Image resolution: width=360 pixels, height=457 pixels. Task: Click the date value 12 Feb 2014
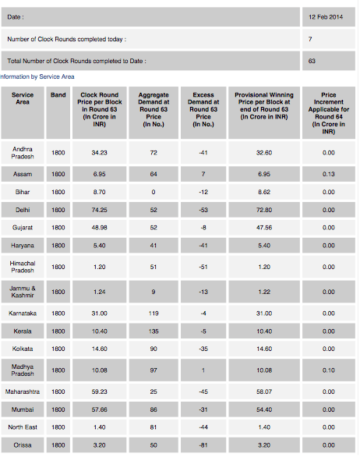click(x=326, y=17)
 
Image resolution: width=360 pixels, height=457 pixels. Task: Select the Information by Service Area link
click(x=37, y=76)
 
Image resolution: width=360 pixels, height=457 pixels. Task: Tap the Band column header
click(x=58, y=95)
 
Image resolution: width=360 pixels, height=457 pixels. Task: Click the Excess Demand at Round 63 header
click(x=203, y=110)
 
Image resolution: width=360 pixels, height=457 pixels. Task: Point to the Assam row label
click(x=23, y=174)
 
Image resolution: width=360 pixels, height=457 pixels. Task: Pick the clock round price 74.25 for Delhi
click(x=99, y=210)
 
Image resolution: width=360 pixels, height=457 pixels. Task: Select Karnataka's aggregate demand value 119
click(x=154, y=314)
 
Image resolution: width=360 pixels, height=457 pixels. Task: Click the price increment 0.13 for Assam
click(x=329, y=174)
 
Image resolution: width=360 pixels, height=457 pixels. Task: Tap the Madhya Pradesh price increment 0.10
click(x=329, y=370)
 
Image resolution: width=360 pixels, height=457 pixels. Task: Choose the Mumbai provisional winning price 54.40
click(x=264, y=409)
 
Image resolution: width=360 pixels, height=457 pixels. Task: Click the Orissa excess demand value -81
click(x=203, y=445)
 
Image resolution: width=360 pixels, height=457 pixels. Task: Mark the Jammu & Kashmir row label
click(x=23, y=292)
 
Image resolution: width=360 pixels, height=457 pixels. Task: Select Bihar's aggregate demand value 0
click(x=154, y=192)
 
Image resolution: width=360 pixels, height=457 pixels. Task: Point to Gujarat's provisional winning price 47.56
click(x=264, y=228)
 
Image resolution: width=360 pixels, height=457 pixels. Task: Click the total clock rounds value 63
click(x=312, y=61)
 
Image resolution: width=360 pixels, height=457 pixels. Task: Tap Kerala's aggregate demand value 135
click(x=154, y=331)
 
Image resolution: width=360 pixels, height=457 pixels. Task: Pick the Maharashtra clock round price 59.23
click(x=99, y=391)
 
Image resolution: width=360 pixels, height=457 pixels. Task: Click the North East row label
click(x=23, y=427)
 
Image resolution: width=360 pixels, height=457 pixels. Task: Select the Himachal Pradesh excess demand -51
click(x=203, y=267)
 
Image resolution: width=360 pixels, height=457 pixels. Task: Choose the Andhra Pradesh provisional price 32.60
click(x=264, y=153)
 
